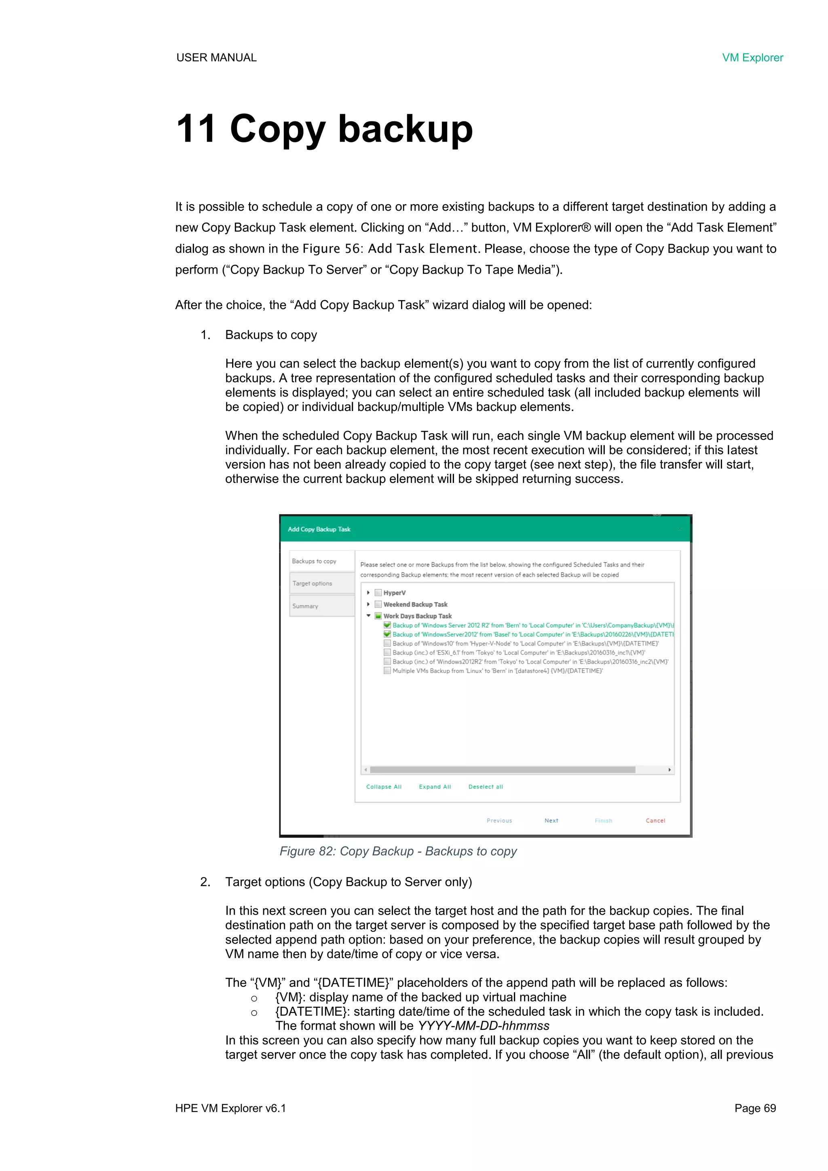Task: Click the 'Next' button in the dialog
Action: (x=551, y=821)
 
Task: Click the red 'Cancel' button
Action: (x=655, y=821)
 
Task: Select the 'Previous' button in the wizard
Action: (x=499, y=821)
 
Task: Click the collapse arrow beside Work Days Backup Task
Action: (x=368, y=616)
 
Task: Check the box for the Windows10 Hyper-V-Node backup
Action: (x=387, y=644)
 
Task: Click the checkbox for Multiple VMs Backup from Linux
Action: (x=387, y=671)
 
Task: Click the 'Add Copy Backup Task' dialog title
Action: (x=319, y=529)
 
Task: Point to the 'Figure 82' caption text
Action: (x=398, y=851)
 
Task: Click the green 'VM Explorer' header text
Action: (x=752, y=57)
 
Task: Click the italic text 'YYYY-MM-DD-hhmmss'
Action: (x=484, y=1026)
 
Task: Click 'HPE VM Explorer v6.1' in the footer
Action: (x=230, y=1108)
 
